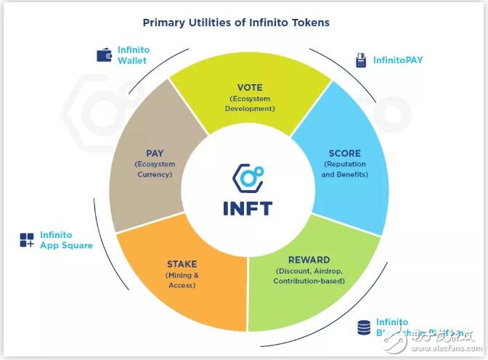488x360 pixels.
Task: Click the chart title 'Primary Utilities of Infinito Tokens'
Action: click(x=236, y=22)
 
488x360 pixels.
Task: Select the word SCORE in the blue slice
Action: click(x=344, y=154)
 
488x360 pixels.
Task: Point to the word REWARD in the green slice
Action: click(x=309, y=260)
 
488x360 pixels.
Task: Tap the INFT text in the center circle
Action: click(x=247, y=208)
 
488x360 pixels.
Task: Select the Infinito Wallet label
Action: click(x=133, y=55)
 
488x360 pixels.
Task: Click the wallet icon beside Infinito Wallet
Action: click(x=104, y=54)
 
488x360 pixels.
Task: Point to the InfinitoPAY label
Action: click(x=399, y=60)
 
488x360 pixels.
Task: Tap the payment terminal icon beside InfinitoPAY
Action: click(x=361, y=60)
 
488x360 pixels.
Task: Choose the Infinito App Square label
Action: click(x=66, y=240)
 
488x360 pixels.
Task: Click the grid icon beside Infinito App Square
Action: click(x=27, y=240)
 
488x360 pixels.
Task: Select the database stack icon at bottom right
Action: click(x=363, y=327)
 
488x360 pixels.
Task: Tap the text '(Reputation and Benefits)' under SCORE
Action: click(x=344, y=169)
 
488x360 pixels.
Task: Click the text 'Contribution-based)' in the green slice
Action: click(x=309, y=280)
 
